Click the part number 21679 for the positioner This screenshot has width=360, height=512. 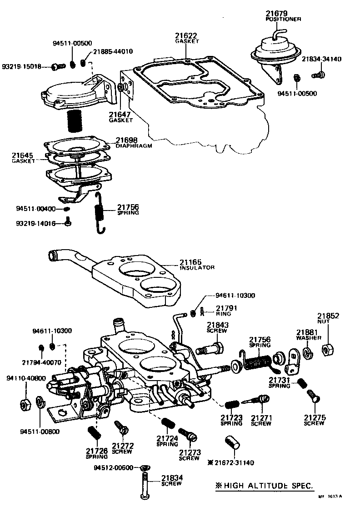[x=277, y=14]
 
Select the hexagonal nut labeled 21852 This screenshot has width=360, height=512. [x=328, y=350]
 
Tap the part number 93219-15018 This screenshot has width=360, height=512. [x=21, y=67]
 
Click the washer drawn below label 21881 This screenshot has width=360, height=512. [x=308, y=353]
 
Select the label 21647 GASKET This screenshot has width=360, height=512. [x=120, y=117]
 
